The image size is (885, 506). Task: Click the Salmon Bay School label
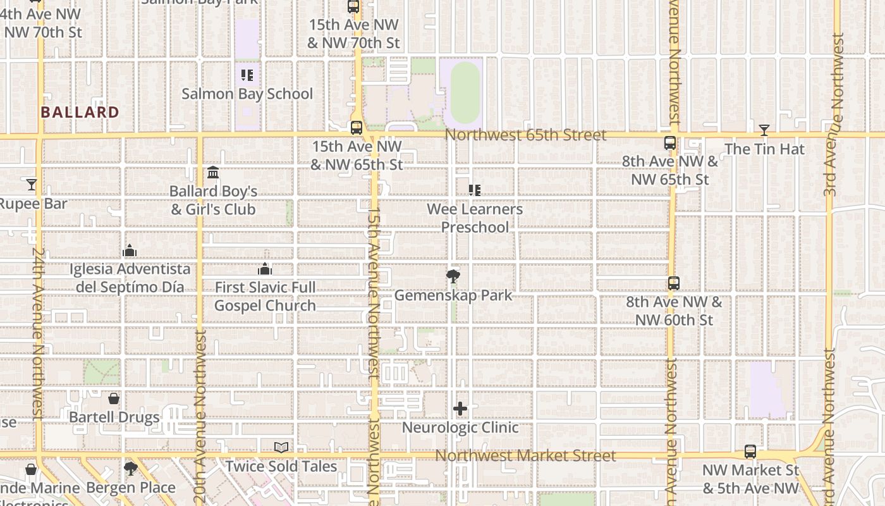click(x=247, y=94)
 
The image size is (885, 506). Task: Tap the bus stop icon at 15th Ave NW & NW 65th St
click(x=357, y=127)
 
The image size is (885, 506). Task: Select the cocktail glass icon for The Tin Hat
click(x=764, y=130)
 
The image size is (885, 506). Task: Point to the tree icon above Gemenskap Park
click(x=453, y=276)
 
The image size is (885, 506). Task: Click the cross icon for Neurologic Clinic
click(x=460, y=409)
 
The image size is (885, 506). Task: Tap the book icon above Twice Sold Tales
click(x=281, y=448)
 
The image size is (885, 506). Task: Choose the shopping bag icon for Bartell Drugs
click(x=114, y=398)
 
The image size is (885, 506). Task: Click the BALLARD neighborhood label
click(x=80, y=113)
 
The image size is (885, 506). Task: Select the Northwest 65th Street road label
click(x=525, y=135)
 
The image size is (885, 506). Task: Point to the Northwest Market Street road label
click(x=525, y=456)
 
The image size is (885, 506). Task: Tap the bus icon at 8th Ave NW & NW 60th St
click(x=674, y=283)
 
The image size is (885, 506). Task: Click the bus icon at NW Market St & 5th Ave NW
click(x=750, y=452)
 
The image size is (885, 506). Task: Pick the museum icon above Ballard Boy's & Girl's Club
click(x=213, y=172)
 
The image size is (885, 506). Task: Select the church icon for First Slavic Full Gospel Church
click(x=265, y=269)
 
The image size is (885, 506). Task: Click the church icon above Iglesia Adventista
click(x=130, y=250)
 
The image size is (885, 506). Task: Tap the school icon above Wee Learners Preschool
click(x=475, y=190)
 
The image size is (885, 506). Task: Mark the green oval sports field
click(x=465, y=92)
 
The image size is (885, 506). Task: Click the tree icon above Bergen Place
click(x=130, y=469)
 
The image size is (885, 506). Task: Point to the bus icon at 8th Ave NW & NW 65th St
click(x=670, y=143)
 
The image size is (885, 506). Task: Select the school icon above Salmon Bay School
click(x=247, y=76)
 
